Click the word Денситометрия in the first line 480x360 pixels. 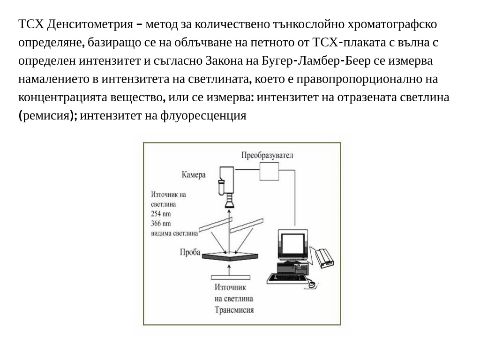tap(90, 24)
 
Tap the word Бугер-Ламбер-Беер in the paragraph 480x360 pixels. tap(316, 60)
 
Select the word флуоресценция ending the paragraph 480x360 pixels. tap(203, 116)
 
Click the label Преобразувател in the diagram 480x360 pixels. tap(267, 155)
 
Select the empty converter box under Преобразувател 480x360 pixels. tap(269, 172)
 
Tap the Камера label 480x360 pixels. tap(194, 174)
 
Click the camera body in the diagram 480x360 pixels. tap(226, 180)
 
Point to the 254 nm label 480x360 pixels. tap(161, 214)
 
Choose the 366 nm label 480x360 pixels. tap(161, 224)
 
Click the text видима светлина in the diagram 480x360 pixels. tap(174, 233)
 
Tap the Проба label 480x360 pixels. tap(190, 252)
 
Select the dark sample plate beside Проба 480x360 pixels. tap(230, 256)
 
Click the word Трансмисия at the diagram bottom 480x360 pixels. tap(234, 310)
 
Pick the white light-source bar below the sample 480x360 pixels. tap(231, 277)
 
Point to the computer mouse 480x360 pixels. tap(312, 285)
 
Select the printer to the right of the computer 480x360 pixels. tap(324, 258)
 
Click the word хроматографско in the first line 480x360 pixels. tap(392, 24)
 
